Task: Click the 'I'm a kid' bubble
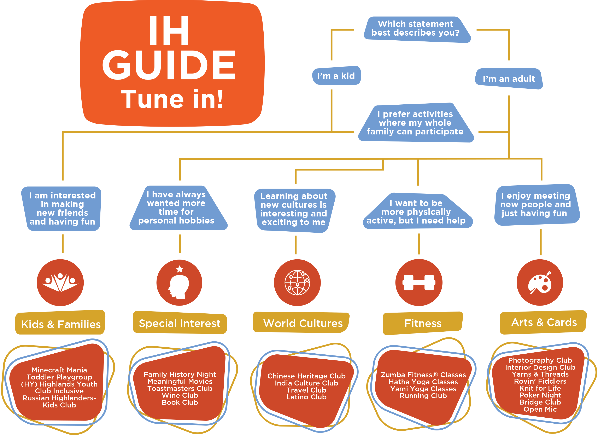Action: (x=336, y=76)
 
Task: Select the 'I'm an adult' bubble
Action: (x=509, y=79)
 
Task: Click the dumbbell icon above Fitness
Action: (x=419, y=283)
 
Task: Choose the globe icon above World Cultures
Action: (x=297, y=283)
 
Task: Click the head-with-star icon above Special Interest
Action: (x=179, y=283)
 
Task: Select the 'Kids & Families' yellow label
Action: (x=61, y=324)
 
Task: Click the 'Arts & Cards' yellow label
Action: (x=544, y=322)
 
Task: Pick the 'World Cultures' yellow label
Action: (x=303, y=323)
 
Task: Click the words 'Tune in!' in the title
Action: (x=172, y=99)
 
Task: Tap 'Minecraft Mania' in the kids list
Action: (x=59, y=370)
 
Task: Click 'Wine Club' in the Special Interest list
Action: (x=180, y=395)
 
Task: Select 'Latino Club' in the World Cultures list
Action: (x=306, y=397)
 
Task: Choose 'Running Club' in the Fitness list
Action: (x=423, y=396)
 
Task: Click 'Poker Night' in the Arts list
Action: (x=540, y=395)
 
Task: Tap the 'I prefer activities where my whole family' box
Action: (x=415, y=123)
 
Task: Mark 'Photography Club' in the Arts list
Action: (x=540, y=360)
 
